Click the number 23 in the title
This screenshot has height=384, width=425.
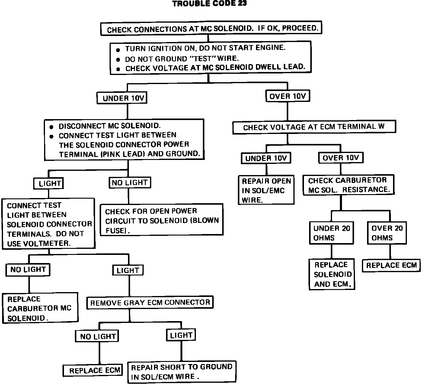pos(242,3)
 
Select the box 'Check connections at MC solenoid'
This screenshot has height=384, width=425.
pos(211,28)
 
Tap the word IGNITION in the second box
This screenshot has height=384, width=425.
pos(166,48)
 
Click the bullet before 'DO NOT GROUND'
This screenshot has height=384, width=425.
pos(118,60)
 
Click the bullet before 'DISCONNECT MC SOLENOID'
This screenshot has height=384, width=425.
pos(51,127)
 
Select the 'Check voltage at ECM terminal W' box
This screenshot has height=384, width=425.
pos(314,127)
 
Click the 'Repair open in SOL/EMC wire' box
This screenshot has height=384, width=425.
pos(266,190)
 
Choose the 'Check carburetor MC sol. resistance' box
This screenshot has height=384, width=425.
pos(349,185)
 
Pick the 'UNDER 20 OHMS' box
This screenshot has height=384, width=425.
pos(331,233)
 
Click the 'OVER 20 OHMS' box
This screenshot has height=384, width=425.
pos(387,233)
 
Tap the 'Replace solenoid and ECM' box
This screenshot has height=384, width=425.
pos(332,274)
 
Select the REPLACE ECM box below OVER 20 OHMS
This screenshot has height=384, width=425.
pos(391,265)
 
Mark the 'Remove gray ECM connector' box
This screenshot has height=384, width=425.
pos(150,302)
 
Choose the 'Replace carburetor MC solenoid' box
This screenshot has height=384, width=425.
pos(40,308)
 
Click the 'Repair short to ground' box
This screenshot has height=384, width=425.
pos(182,372)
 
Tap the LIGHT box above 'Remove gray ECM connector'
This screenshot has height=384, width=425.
pos(128,270)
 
